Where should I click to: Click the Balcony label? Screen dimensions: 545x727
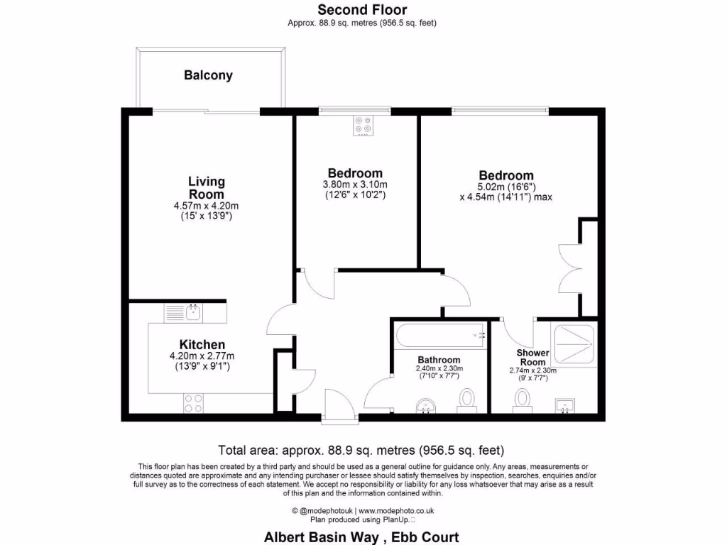208,75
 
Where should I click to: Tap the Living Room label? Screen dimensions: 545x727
206,188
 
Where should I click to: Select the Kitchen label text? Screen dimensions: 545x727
202,345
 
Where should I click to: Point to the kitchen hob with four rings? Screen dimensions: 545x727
193,404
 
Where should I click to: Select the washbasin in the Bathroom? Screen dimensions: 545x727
425,404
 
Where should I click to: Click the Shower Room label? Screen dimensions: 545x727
532,357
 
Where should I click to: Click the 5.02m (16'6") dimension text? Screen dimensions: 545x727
505,187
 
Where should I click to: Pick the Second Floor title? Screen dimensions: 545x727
362,9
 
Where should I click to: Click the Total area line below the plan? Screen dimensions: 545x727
361,450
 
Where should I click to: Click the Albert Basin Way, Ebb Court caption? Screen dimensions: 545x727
361,537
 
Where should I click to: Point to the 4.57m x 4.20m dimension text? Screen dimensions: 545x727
206,207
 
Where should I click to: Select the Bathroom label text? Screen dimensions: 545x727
439,360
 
